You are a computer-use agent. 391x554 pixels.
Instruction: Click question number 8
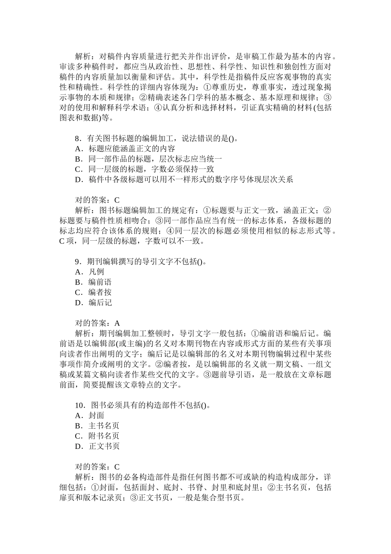[x=78, y=138]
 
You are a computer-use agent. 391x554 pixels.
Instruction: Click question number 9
[x=78, y=262]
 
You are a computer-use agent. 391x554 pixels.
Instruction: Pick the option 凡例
[x=96, y=272]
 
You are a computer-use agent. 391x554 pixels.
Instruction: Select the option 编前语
[x=100, y=282]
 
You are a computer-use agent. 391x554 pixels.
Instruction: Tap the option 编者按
[x=100, y=293]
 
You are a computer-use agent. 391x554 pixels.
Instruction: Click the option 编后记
[x=100, y=303]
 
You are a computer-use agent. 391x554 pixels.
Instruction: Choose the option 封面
[x=96, y=415]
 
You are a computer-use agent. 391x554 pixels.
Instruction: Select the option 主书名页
[x=103, y=426]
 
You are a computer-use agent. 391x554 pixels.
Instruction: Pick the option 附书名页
[x=103, y=436]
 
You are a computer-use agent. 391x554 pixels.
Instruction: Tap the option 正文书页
[x=103, y=446]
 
